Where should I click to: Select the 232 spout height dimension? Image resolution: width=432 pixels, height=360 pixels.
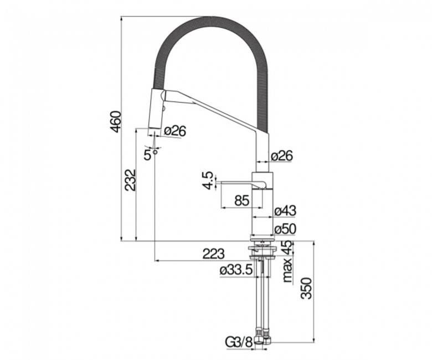click(130, 180)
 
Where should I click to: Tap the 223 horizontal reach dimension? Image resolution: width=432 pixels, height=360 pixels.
click(214, 254)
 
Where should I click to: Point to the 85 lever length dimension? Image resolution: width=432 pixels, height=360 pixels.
click(242, 200)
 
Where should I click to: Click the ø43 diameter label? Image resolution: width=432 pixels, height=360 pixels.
click(285, 211)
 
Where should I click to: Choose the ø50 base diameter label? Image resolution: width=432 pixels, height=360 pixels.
click(285, 229)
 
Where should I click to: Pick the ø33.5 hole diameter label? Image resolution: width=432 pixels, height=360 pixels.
click(236, 270)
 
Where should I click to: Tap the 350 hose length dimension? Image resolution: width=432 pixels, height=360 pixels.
click(306, 289)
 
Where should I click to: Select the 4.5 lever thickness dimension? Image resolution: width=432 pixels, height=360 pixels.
click(208, 181)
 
